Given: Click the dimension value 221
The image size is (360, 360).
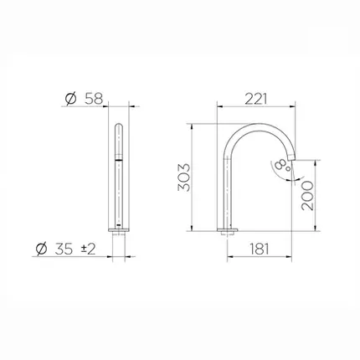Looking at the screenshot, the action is click(256, 99).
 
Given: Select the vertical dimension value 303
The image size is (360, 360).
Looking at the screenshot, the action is click(184, 177).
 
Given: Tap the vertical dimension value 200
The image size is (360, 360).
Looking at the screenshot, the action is click(307, 195).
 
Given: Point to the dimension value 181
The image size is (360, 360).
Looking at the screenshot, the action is click(260, 249).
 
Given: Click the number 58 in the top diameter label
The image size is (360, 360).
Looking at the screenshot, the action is click(94, 99).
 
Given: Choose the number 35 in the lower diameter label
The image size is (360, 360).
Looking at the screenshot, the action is click(64, 249).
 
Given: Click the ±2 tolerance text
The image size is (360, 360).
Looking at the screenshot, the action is click(88, 249).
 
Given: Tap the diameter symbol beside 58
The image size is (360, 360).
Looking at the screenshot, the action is click(70, 99).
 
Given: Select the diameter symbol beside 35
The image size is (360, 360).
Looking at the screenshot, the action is click(42, 249).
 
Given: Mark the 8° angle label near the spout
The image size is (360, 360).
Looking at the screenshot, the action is click(283, 166).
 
